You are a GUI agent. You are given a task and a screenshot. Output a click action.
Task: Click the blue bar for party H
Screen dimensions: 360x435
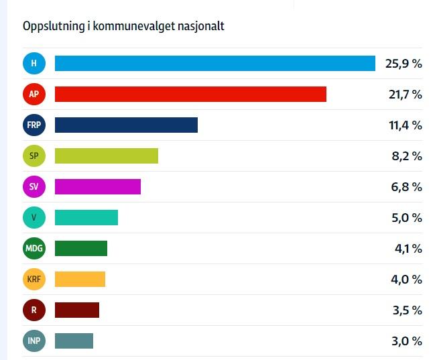[214, 64]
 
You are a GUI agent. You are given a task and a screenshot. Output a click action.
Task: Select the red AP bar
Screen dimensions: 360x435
[190, 95]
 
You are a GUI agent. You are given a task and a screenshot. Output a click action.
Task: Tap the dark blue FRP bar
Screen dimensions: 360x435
[126, 125]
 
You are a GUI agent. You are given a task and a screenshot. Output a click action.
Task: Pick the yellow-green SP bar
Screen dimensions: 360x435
[106, 156]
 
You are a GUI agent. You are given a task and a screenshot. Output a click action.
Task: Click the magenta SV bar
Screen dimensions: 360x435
[97, 187]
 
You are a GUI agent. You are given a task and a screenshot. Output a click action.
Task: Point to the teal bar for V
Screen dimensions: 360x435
[86, 218]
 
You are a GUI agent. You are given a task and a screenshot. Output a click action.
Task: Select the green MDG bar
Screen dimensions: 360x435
[80, 249]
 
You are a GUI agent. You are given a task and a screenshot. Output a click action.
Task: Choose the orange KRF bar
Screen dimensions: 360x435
[80, 280]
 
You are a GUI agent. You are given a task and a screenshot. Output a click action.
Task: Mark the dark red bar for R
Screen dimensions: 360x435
[76, 310]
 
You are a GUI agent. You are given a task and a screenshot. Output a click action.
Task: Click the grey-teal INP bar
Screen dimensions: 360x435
[74, 341]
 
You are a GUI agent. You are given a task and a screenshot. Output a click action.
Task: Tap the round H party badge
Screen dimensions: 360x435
[34, 64]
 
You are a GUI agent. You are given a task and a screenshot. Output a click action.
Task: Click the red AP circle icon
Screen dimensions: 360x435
[34, 95]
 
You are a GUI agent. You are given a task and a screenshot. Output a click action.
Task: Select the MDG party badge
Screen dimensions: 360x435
[34, 249]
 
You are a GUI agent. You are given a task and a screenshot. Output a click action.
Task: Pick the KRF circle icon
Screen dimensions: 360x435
[34, 280]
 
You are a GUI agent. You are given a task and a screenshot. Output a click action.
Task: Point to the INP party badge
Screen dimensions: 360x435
[34, 341]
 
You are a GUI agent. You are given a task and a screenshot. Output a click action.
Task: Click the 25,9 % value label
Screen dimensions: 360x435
[403, 64]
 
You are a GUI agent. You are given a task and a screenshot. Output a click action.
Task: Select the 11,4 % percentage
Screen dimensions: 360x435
[405, 126]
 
